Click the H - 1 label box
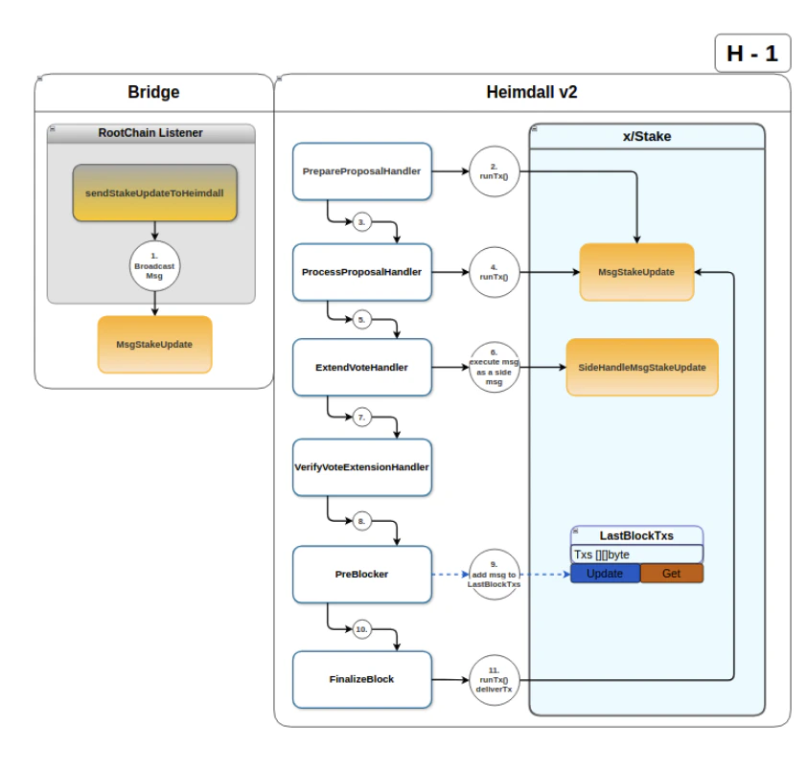(x=751, y=54)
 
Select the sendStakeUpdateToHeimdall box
(x=154, y=192)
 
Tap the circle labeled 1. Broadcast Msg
(x=154, y=265)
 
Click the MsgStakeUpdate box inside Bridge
(x=154, y=344)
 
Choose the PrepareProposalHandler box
(x=361, y=171)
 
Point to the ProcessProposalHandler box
(x=361, y=272)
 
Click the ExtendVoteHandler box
(x=361, y=368)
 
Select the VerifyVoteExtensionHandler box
(x=361, y=467)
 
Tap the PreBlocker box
(x=361, y=575)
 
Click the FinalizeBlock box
(x=361, y=679)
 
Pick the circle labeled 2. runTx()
(x=495, y=171)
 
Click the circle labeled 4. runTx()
(x=495, y=272)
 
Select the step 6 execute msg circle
(x=495, y=368)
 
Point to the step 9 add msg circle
(x=495, y=575)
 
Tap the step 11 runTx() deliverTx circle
(x=495, y=679)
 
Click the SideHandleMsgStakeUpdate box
(x=641, y=368)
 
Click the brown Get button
(x=671, y=574)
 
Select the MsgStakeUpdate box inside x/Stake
(x=635, y=272)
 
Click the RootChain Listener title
(x=150, y=133)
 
